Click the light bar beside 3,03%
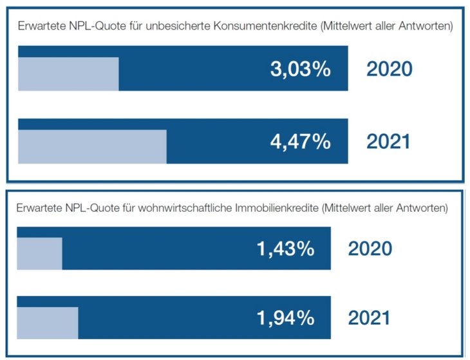(x=68, y=74)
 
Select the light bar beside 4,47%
(x=92, y=146)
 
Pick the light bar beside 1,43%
(x=39, y=254)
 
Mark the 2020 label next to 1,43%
(x=370, y=249)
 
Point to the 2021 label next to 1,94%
(x=370, y=317)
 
